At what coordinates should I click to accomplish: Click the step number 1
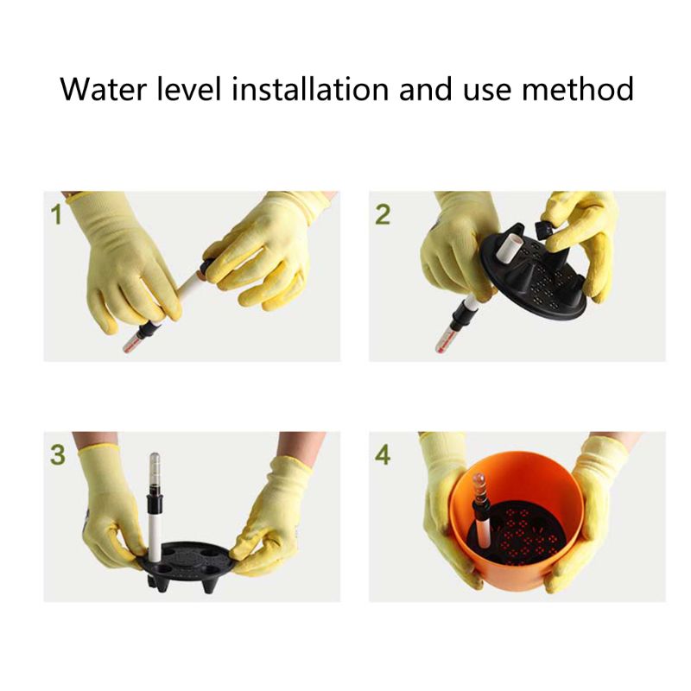tap(57, 213)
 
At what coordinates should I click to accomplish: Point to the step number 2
tap(383, 213)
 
